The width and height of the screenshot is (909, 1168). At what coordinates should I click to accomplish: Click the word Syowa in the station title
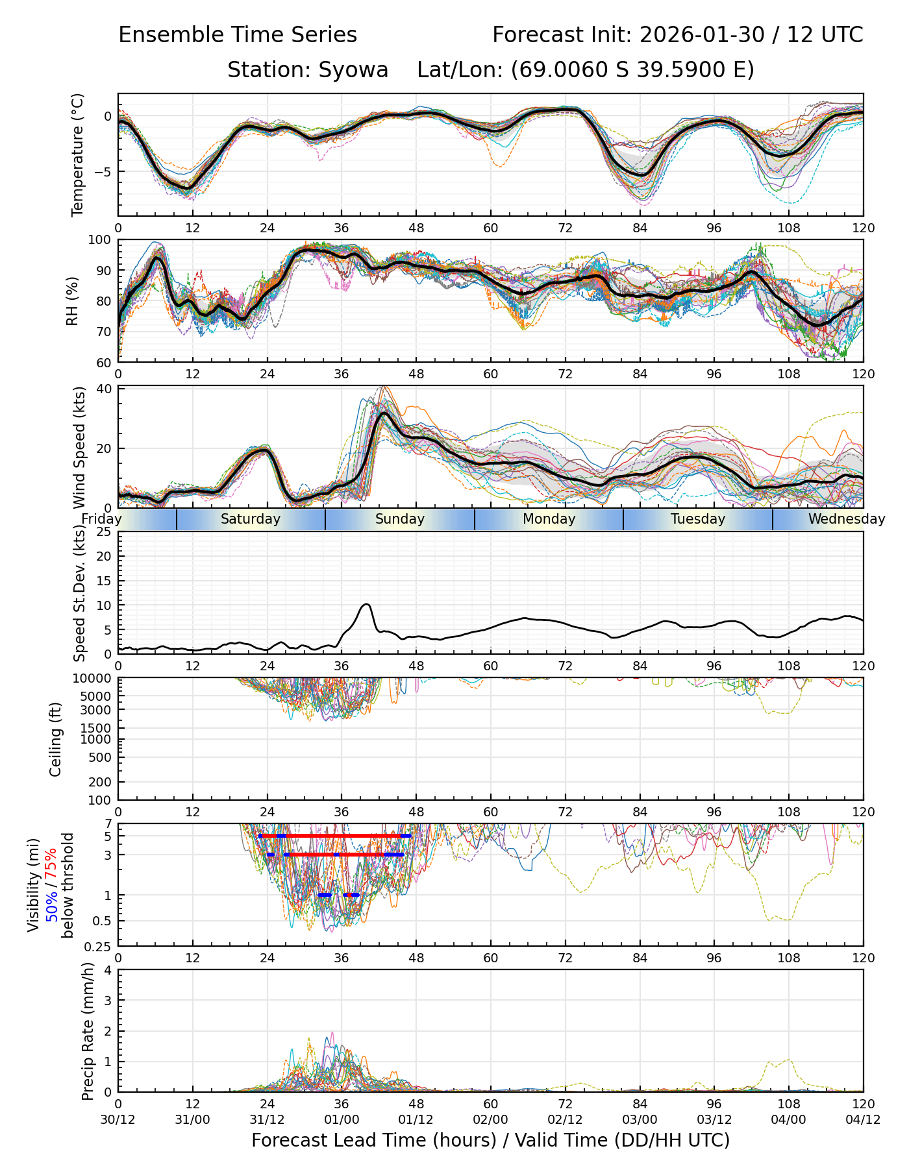coord(353,69)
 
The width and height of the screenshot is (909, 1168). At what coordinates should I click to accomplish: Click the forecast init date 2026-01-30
coord(702,35)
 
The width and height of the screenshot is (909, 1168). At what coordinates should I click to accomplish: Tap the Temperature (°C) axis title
coord(78,154)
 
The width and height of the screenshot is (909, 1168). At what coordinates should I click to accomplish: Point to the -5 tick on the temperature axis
coord(104,172)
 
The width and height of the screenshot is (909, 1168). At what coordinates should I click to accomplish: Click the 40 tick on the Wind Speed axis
coord(105,389)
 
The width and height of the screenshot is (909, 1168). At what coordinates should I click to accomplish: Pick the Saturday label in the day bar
coord(251,519)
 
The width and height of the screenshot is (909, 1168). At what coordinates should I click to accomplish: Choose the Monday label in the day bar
coord(549,519)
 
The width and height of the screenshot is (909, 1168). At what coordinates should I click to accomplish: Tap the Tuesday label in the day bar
coord(698,519)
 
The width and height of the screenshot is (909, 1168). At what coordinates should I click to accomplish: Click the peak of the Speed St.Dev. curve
coord(367,604)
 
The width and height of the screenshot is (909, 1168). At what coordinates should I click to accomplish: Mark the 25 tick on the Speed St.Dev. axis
coord(105,532)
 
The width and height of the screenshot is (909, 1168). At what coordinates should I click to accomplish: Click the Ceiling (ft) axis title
coord(56,739)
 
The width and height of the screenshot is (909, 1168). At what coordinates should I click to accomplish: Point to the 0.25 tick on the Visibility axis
coord(99,946)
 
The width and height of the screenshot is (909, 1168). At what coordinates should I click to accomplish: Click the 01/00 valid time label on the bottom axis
coord(342,1120)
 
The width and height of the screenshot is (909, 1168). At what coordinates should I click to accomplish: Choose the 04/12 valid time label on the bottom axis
coord(863,1120)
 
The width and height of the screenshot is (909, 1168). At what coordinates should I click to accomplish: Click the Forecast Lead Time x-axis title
coord(490,1141)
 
